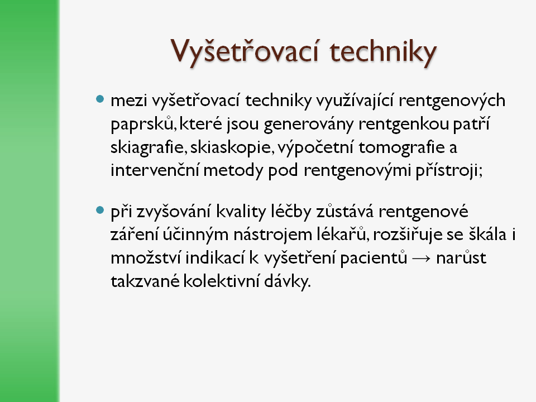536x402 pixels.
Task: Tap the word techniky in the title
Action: [x=383, y=52]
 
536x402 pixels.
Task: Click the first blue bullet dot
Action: [x=100, y=99]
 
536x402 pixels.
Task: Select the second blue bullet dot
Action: [x=100, y=210]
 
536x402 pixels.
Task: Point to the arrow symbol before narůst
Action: [x=421, y=259]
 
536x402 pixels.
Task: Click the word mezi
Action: [x=129, y=100]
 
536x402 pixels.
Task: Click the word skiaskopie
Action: [x=232, y=147]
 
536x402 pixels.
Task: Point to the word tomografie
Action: [x=401, y=147]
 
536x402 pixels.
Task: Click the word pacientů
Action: [x=374, y=259]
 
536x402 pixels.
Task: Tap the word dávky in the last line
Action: [x=287, y=281]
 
